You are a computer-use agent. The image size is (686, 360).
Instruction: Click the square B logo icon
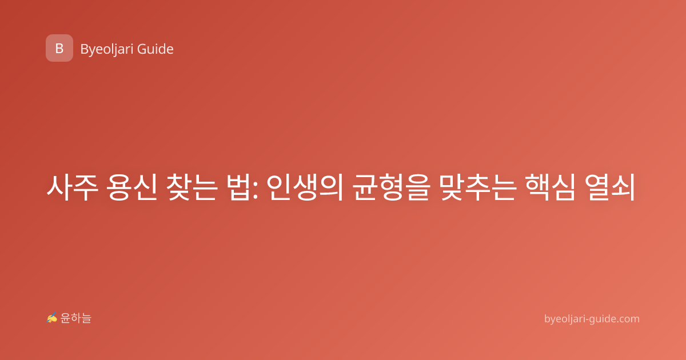(x=59, y=48)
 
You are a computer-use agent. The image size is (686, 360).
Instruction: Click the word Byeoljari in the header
(x=106, y=50)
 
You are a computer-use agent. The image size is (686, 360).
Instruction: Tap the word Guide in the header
(x=155, y=49)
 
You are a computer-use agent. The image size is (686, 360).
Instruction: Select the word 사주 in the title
(x=72, y=187)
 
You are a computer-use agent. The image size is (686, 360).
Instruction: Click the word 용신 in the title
(x=132, y=187)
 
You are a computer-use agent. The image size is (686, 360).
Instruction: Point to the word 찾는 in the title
(x=192, y=187)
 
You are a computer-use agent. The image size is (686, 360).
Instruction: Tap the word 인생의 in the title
(x=305, y=187)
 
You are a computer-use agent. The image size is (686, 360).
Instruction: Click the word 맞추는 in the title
(x=478, y=187)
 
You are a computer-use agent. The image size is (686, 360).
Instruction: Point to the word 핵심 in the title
(x=551, y=187)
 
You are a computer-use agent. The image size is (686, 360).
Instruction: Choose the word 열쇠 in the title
(x=610, y=187)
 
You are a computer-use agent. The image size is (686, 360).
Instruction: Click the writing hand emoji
(x=52, y=318)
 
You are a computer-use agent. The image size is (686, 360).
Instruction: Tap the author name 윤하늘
(x=75, y=318)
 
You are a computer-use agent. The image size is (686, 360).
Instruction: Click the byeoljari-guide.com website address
(x=592, y=319)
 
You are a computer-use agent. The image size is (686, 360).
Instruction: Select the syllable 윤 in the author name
(x=65, y=318)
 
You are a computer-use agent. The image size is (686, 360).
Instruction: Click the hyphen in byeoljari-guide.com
(x=586, y=320)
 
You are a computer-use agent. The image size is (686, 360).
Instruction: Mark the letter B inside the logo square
(x=59, y=49)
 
